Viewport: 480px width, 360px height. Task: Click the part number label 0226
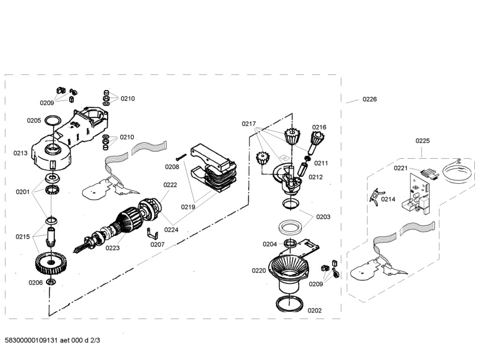point(369,99)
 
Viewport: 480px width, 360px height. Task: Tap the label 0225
point(422,141)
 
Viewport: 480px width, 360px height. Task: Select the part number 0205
point(34,120)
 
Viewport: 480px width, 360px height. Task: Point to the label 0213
point(21,153)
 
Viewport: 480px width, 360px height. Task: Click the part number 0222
point(170,185)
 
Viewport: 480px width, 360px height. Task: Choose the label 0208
point(172,167)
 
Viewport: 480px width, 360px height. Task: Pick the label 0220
point(258,271)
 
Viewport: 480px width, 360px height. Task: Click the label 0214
point(388,200)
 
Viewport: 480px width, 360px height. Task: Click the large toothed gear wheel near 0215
point(50,262)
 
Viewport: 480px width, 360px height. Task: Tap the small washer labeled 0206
point(51,282)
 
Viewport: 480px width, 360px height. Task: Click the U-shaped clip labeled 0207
point(151,232)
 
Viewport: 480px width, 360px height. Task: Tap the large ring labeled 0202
point(290,303)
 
